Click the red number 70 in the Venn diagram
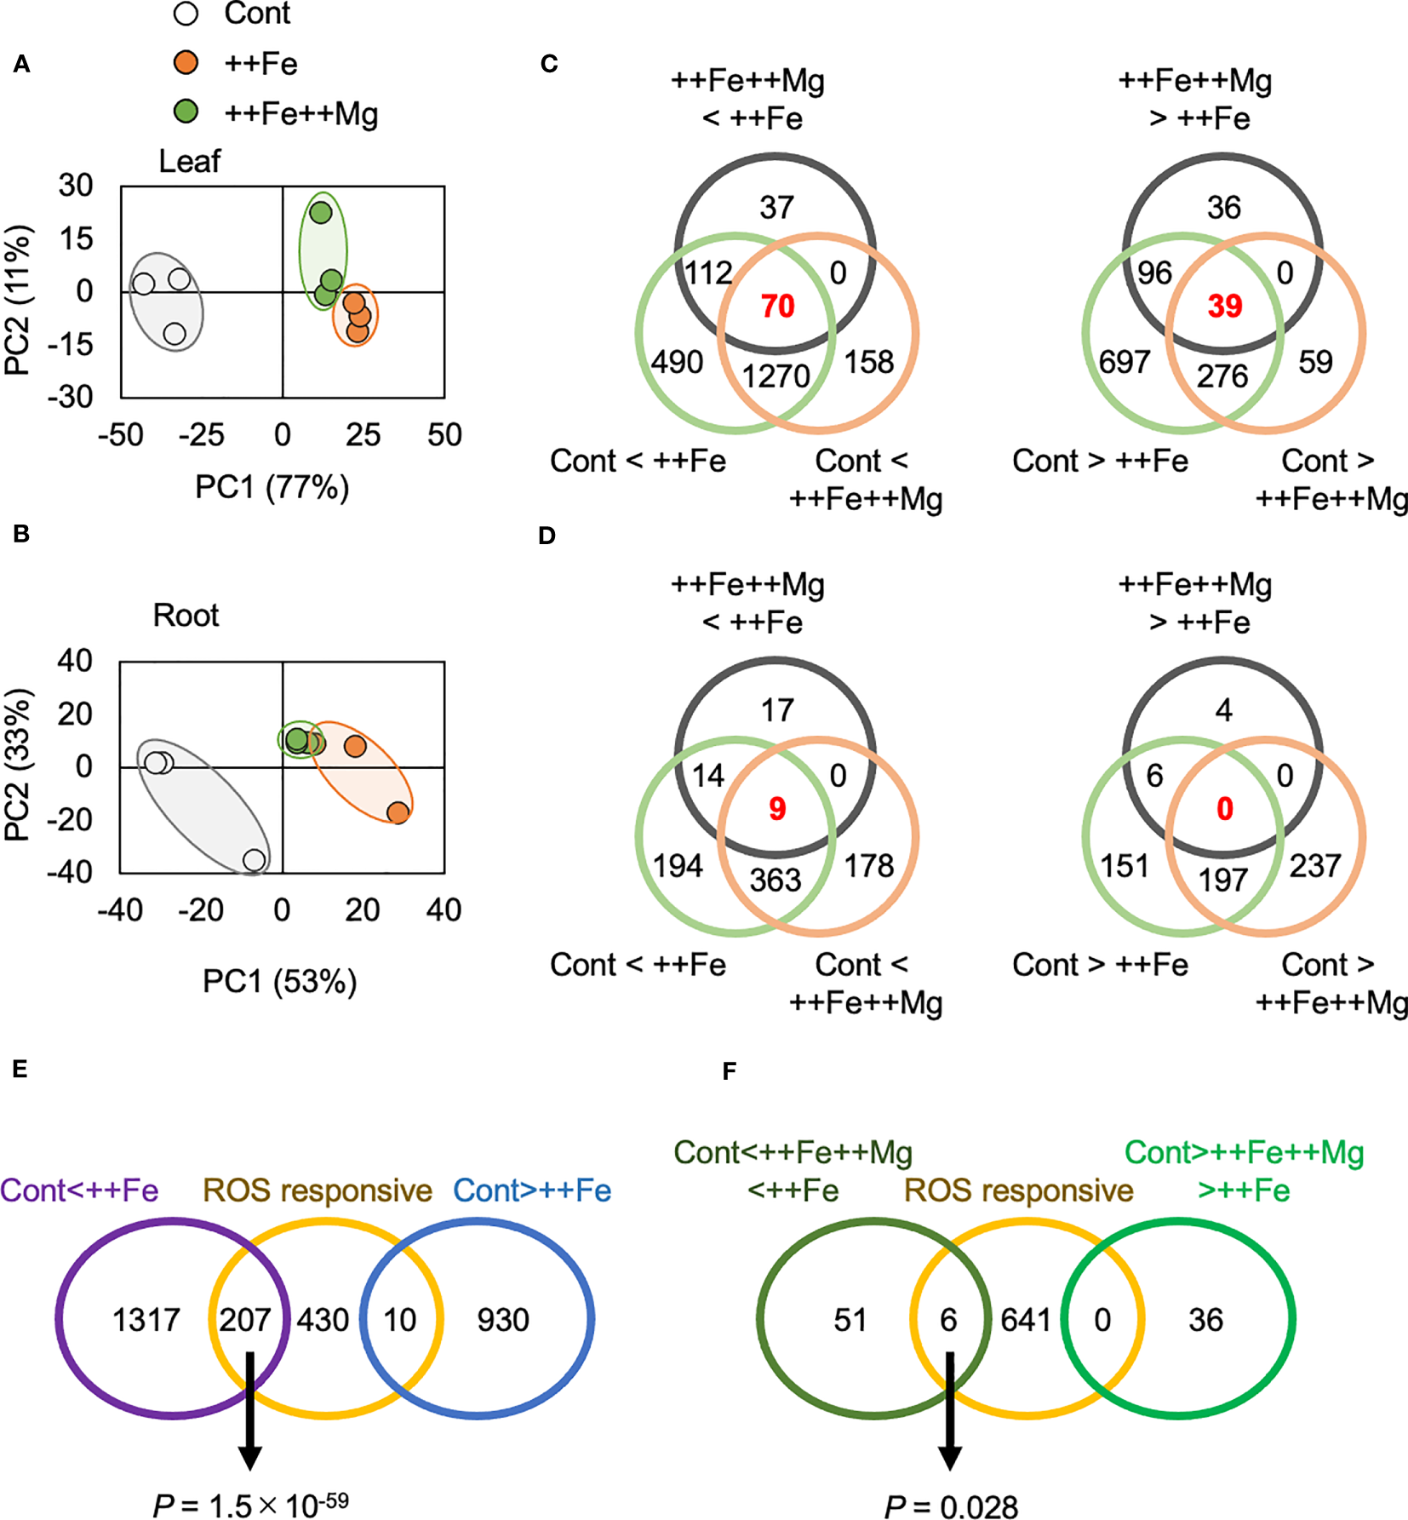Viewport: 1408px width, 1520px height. coord(777,306)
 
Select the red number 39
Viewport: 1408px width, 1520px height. coord(1224,306)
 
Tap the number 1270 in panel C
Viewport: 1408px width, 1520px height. coord(776,376)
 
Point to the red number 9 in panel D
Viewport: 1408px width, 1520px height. coord(777,808)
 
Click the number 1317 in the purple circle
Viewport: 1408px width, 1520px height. coord(146,1320)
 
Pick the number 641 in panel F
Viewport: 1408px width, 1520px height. coord(1025,1320)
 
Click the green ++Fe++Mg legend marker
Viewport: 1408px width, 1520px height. coord(186,112)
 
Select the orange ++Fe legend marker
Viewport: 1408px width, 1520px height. coord(186,62)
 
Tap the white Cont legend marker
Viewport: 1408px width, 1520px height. coord(186,14)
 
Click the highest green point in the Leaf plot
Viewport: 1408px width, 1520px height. coord(320,212)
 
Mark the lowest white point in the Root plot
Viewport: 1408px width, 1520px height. coord(254,860)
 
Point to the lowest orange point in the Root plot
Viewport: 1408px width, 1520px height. coord(398,812)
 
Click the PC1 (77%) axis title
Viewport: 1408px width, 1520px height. coord(272,488)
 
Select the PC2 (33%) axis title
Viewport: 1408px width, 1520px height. coord(19,765)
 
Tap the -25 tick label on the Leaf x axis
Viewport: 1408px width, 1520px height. coord(202,435)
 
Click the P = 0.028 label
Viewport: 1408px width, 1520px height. coord(951,1506)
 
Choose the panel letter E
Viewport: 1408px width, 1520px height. coord(20,1070)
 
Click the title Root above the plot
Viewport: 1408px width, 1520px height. coord(186,615)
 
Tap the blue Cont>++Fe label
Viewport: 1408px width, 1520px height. coord(532,1190)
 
